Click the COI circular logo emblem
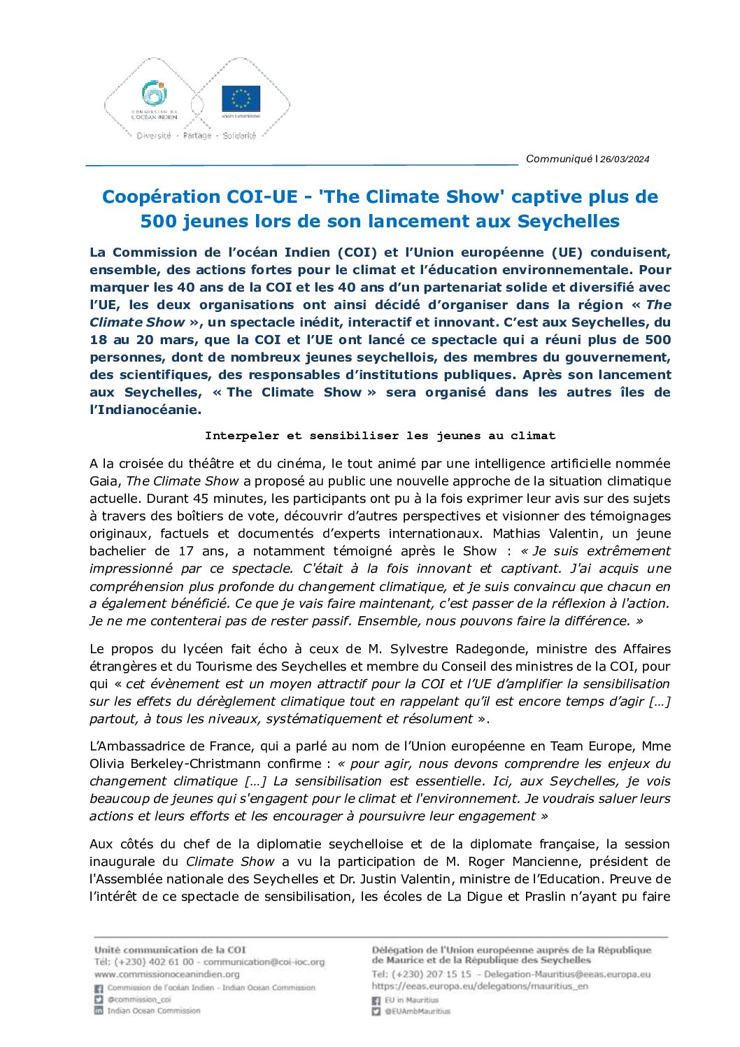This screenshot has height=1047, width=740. [154, 94]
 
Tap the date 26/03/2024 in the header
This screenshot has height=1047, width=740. [625, 159]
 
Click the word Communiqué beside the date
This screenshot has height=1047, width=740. [559, 159]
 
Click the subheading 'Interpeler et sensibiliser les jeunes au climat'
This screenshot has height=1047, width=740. [380, 435]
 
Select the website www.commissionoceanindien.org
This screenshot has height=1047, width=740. [166, 974]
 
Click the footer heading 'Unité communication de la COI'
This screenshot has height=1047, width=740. [170, 950]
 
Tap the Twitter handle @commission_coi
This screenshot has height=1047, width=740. [138, 999]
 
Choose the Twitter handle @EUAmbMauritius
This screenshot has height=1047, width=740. [418, 1011]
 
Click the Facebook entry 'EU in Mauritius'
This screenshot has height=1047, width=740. [411, 1000]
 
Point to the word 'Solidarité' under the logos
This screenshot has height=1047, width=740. [239, 136]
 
